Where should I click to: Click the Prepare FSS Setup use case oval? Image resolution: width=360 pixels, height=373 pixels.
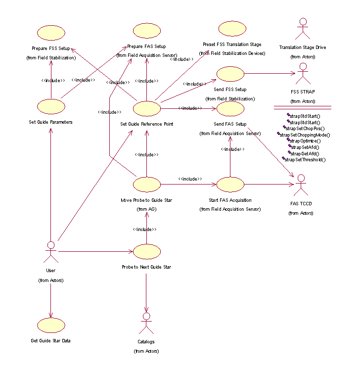[51, 33]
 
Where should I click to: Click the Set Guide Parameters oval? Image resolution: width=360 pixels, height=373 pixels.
[51, 106]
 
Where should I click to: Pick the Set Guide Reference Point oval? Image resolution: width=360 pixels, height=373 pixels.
[147, 107]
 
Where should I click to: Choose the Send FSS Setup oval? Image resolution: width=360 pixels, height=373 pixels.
[230, 74]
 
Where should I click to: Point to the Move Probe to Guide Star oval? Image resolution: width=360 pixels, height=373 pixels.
[147, 185]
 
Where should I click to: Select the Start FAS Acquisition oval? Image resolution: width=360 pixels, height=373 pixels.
[230, 185]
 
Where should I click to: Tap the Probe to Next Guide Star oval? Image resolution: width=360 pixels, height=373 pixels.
[147, 251]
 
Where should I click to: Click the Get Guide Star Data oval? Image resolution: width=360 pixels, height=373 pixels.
[51, 325]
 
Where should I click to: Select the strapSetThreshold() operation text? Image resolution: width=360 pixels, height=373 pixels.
[305, 160]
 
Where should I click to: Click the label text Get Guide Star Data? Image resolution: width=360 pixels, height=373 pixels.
[50, 341]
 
